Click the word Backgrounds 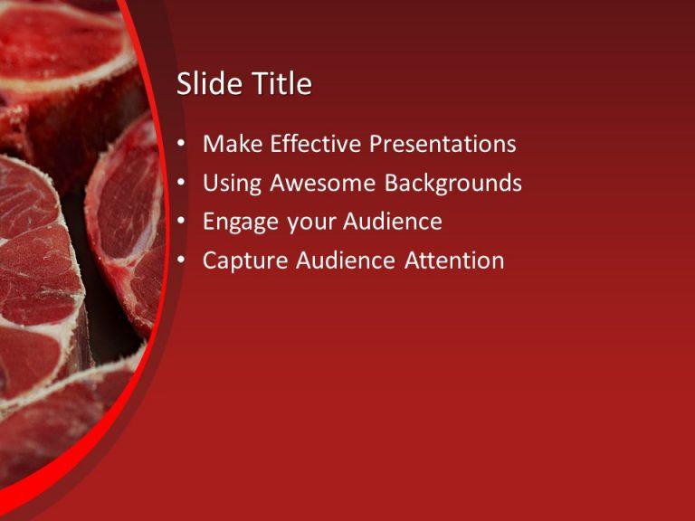(453, 183)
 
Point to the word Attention (454, 260)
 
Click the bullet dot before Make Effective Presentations (184, 145)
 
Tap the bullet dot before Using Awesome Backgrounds (184, 184)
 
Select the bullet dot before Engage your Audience (184, 223)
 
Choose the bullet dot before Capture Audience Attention (184, 261)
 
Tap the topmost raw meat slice (63, 45)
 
